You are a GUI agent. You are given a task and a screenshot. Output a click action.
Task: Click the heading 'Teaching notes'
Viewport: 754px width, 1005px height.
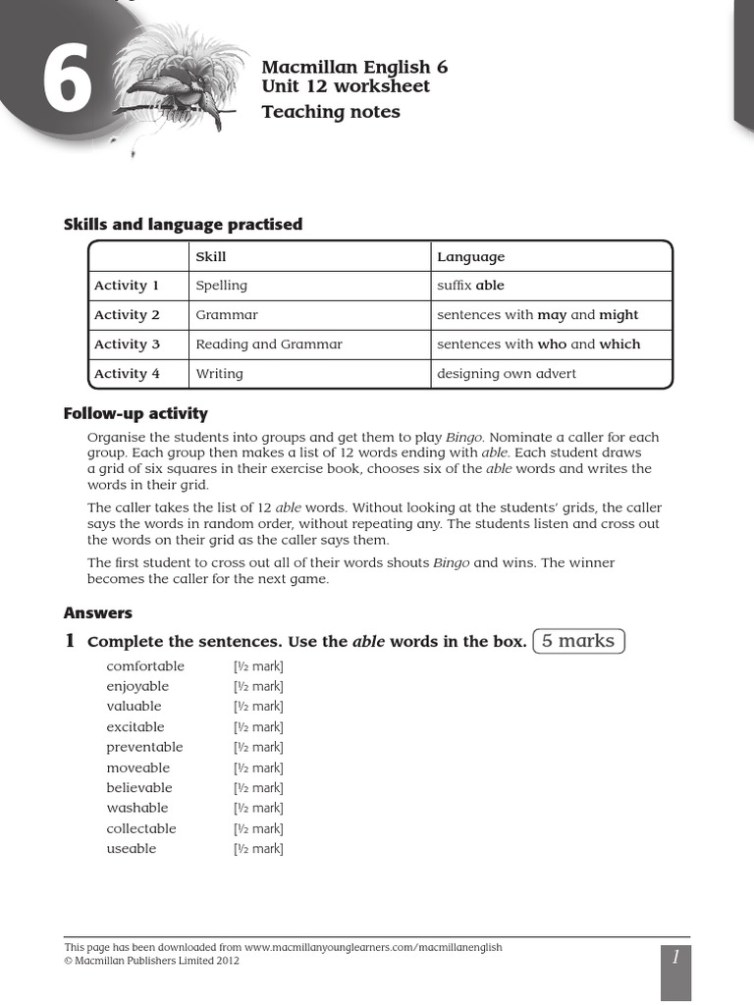(331, 112)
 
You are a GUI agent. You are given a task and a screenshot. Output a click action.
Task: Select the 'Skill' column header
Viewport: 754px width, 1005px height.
(211, 257)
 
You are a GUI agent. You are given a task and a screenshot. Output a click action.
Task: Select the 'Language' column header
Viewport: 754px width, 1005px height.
(470, 257)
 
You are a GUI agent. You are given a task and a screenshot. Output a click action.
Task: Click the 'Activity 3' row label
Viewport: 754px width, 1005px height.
(127, 344)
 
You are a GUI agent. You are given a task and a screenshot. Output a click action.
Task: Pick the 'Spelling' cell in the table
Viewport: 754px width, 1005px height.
(221, 286)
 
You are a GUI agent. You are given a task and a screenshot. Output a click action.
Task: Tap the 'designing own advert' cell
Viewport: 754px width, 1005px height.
(507, 374)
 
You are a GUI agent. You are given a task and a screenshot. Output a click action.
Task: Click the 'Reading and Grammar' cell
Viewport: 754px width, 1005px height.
(269, 344)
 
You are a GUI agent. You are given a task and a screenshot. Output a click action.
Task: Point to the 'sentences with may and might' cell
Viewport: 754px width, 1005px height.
(537, 315)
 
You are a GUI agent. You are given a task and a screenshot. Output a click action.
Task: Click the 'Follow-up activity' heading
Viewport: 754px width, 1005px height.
(135, 413)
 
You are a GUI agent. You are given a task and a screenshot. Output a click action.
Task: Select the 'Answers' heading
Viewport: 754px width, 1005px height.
(98, 612)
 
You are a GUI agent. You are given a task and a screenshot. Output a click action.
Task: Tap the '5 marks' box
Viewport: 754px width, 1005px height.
(578, 641)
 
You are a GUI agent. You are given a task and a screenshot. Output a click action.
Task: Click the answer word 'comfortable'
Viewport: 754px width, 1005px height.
(145, 666)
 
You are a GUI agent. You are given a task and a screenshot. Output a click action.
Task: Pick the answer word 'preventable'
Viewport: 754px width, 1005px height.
(144, 747)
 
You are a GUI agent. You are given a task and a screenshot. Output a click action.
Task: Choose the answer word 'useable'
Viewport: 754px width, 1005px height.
(132, 849)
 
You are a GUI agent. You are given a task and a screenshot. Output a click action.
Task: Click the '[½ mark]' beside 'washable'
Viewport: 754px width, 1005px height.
(258, 809)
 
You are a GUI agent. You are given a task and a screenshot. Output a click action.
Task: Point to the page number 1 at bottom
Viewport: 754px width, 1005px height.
(675, 958)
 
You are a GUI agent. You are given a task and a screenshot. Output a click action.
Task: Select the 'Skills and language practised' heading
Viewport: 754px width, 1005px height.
(183, 225)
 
